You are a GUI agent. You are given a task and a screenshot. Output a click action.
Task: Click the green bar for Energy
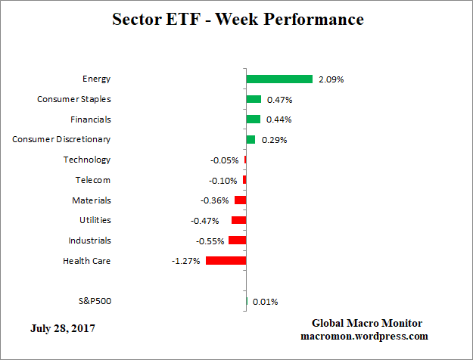[279, 79]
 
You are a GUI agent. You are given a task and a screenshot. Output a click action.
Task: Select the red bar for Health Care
[226, 261]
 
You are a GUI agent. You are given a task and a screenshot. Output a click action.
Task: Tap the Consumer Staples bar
[254, 99]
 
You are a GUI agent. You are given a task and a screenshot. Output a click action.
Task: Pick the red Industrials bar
[238, 241]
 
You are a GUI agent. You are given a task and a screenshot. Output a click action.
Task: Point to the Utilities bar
[238, 220]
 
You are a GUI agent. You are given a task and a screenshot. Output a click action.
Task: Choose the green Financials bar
[253, 119]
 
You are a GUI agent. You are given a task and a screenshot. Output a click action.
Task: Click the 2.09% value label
[331, 79]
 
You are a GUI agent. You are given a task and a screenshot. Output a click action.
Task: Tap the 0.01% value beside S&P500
[265, 302]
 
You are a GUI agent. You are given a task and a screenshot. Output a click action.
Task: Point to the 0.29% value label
[274, 140]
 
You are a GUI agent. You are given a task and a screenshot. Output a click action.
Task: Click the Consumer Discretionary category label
[62, 139]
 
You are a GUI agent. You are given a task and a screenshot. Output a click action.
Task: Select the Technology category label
[87, 160]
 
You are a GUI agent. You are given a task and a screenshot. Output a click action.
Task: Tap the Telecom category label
[93, 180]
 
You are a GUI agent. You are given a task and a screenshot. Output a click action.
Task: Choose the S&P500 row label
[95, 301]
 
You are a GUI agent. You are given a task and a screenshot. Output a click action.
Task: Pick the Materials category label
[92, 200]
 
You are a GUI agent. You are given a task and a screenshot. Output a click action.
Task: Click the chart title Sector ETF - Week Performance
[238, 20]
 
